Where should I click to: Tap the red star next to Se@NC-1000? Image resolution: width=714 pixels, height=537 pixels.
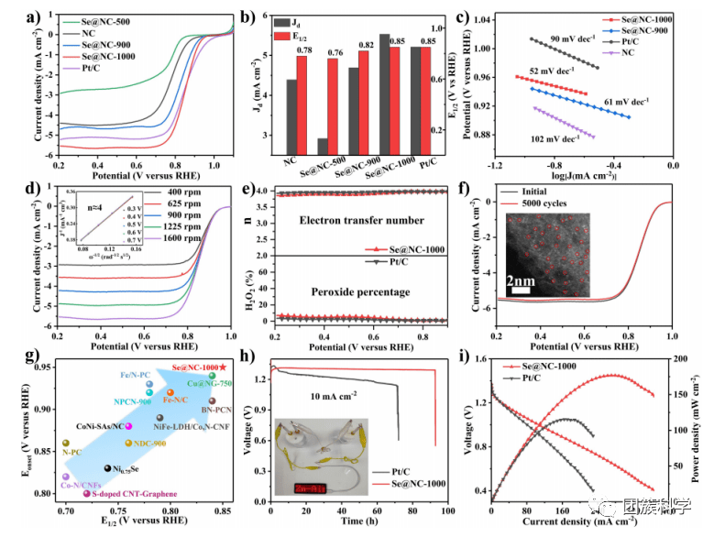[x=224, y=367]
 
